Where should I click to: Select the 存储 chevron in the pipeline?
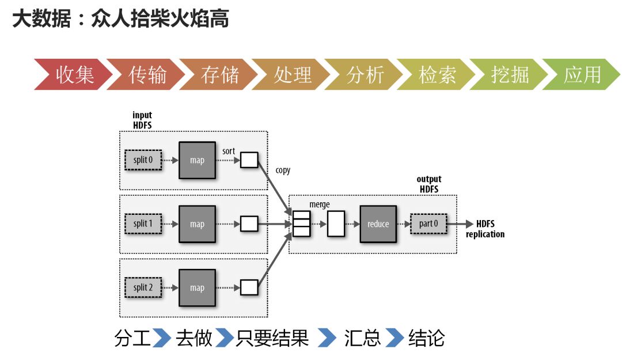[x=219, y=74]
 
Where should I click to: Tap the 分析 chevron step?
[x=365, y=74]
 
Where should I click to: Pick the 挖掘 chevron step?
[x=510, y=74]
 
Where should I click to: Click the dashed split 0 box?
[x=143, y=160]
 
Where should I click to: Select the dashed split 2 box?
[x=143, y=287]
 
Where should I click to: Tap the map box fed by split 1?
[x=197, y=223]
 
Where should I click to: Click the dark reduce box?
[x=378, y=223]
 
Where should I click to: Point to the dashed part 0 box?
[x=429, y=223]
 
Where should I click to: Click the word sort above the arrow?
[x=229, y=151]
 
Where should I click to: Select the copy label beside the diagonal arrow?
[x=283, y=170]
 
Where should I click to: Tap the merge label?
[x=320, y=204]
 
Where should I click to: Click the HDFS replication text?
[x=485, y=229]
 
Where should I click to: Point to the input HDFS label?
[x=142, y=120]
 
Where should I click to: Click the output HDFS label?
[x=428, y=184]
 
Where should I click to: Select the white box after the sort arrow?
[x=249, y=160]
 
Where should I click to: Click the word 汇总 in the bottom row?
[x=362, y=338]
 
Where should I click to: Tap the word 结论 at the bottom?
[x=426, y=338]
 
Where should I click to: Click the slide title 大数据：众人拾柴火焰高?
[x=120, y=18]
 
